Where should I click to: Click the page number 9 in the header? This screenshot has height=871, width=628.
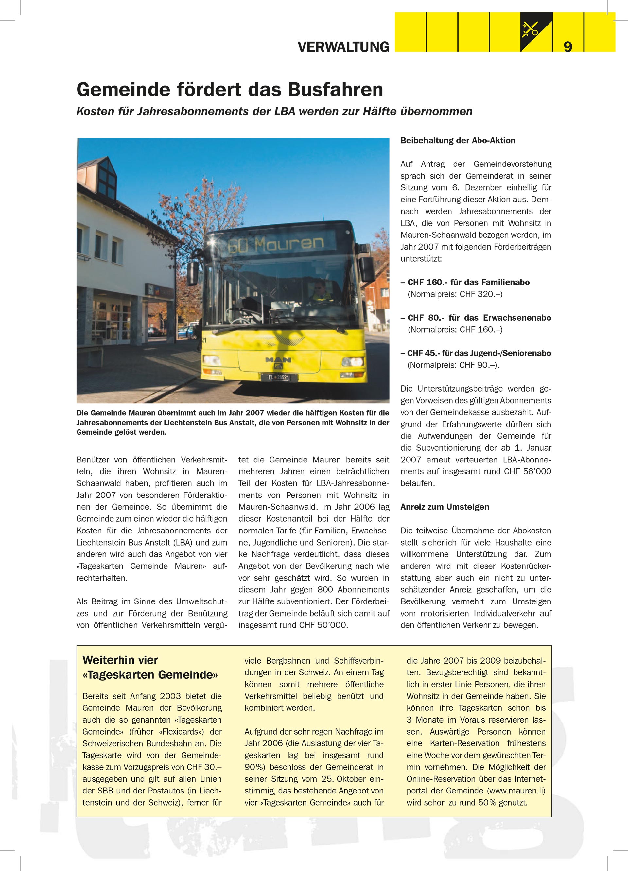(x=568, y=46)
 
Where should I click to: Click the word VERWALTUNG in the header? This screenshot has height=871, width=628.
(x=343, y=47)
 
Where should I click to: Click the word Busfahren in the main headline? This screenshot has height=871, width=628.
(x=335, y=90)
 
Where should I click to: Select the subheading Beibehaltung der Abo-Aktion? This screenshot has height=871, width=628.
(x=458, y=141)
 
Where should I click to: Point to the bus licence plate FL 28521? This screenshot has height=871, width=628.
(x=279, y=377)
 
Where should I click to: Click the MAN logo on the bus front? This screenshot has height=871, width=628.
(x=278, y=360)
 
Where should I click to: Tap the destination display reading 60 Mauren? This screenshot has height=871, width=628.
(x=276, y=243)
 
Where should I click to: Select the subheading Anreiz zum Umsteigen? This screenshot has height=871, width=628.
(x=445, y=507)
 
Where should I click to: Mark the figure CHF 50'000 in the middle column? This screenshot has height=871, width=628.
(x=323, y=625)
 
